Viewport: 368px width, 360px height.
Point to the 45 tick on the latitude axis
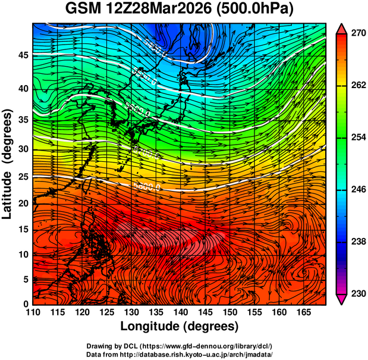[23, 55]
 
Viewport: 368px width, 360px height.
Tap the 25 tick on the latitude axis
[23, 177]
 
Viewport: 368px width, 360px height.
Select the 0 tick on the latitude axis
[26, 304]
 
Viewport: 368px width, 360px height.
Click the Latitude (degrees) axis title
[8, 164]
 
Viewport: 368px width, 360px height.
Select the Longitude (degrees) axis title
[179, 327]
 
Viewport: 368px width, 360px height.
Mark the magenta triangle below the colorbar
[342, 299]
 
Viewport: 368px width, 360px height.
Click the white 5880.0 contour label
[146, 187]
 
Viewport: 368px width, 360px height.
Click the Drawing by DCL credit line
[179, 346]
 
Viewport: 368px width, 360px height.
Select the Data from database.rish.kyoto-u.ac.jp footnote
[179, 355]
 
